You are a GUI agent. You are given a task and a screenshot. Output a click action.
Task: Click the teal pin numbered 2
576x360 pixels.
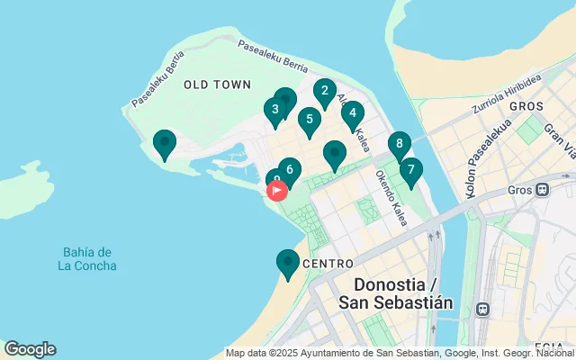pyautogui.click(x=325, y=91)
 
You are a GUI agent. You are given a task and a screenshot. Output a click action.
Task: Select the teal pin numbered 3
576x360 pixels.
pyautogui.click(x=274, y=110)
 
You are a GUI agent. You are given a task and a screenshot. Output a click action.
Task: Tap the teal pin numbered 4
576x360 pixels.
pyautogui.click(x=352, y=114)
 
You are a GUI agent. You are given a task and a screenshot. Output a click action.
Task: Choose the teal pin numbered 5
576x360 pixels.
pyautogui.click(x=310, y=120)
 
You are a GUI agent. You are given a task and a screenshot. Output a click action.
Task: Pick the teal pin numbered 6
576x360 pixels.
pyautogui.click(x=289, y=169)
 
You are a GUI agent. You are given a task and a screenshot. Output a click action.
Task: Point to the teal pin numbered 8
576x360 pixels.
pyautogui.click(x=400, y=144)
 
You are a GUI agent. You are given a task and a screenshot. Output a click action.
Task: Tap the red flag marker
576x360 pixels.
pyautogui.click(x=277, y=190)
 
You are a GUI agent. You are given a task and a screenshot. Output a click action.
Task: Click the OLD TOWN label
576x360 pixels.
pyautogui.click(x=217, y=85)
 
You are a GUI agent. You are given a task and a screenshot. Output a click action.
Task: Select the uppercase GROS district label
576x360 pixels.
pyautogui.click(x=526, y=106)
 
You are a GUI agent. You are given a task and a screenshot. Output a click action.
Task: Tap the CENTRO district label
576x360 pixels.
pyautogui.click(x=326, y=264)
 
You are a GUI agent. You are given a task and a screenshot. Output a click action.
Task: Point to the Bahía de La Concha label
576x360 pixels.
pyautogui.click(x=87, y=258)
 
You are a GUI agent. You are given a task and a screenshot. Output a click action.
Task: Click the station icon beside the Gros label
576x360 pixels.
pyautogui.click(x=543, y=191)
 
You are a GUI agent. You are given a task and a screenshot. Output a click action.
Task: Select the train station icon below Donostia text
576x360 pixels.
pyautogui.click(x=483, y=309)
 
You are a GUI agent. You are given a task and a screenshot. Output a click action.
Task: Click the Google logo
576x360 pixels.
pyautogui.click(x=30, y=349)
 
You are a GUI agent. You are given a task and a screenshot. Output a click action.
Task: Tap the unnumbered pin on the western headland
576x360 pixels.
pyautogui.click(x=164, y=143)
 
